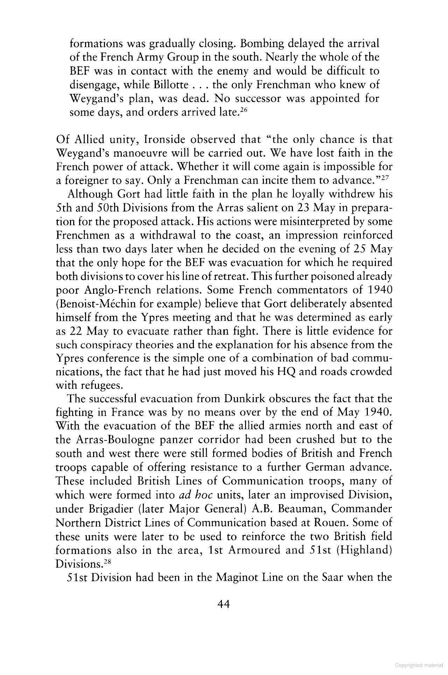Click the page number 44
[x=223, y=604]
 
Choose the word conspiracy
[x=105, y=345]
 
